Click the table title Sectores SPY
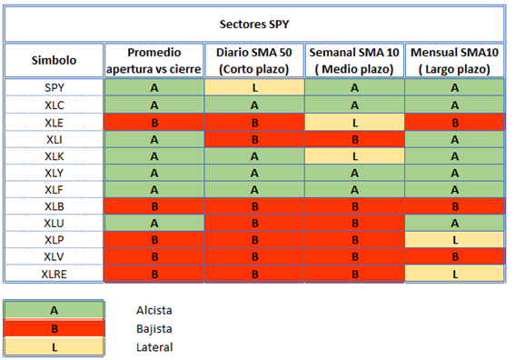[x=254, y=25]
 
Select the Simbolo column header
[x=54, y=61]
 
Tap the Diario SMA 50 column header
[x=254, y=61]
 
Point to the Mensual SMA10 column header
[x=454, y=61]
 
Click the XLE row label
[x=54, y=123]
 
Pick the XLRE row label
[x=54, y=275]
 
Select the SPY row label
[x=54, y=88]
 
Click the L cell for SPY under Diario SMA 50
[x=254, y=87]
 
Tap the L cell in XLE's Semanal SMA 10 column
[x=355, y=123]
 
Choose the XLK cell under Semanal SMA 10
[x=355, y=156]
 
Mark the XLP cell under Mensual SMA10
[x=454, y=240]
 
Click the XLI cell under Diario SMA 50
[x=254, y=139]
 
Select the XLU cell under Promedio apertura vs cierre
[x=154, y=224]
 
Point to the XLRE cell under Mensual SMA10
[x=454, y=274]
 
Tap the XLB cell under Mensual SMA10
[x=454, y=206]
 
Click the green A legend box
[x=54, y=310]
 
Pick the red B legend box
[x=54, y=328]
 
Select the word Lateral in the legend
[x=154, y=347]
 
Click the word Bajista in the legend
[x=154, y=329]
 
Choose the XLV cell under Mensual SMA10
[x=454, y=256]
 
